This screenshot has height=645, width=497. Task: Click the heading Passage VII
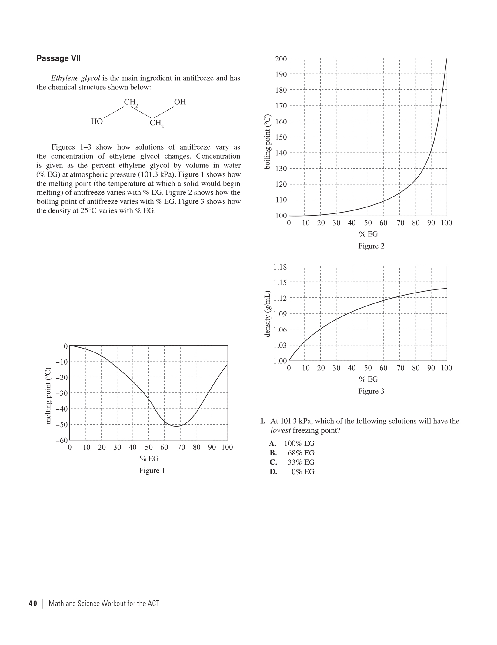point(58,58)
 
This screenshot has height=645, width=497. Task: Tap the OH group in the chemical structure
point(180,102)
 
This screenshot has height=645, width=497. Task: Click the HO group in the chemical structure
point(97,121)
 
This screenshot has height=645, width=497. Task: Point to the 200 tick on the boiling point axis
point(281,59)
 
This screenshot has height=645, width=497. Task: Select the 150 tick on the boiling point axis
point(281,137)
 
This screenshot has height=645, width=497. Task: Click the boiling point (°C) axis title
point(267,142)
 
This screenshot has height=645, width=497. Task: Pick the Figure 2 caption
point(371,246)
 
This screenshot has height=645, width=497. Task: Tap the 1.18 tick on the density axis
point(280,267)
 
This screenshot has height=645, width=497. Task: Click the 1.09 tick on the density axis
point(280,314)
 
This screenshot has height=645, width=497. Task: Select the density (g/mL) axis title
point(267,314)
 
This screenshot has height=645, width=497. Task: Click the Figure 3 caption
point(371,391)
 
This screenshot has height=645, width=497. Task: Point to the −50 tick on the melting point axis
point(62,425)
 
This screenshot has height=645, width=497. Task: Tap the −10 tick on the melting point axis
point(62,362)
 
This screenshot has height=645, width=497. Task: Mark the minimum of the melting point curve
point(176,426)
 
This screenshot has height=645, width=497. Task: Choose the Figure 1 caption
point(152,471)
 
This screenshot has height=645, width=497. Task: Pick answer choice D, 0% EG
point(302,472)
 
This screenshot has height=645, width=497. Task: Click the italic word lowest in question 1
point(281,431)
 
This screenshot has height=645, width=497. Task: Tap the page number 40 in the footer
point(33,604)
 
